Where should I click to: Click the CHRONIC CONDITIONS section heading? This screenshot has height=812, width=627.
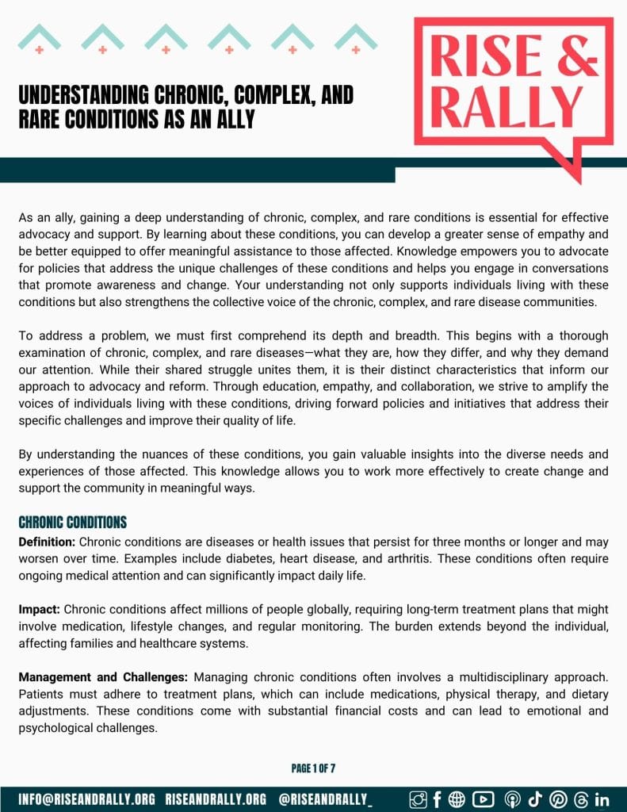coord(73,523)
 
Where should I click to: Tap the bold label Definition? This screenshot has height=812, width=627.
coord(48,542)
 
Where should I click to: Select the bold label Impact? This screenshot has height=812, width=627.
coord(40,610)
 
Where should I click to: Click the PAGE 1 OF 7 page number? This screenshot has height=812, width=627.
coord(313,768)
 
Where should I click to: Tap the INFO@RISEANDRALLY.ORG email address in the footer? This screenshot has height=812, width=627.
coord(87,799)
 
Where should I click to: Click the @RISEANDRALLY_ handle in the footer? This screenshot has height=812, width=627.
coord(326,799)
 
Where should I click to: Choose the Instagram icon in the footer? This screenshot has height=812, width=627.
coord(418,799)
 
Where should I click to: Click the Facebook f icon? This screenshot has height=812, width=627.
coord(437,799)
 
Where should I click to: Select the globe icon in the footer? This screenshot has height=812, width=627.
coord(457,799)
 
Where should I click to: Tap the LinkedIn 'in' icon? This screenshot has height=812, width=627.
coord(602,799)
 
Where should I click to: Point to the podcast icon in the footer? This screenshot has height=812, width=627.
coord(510,799)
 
